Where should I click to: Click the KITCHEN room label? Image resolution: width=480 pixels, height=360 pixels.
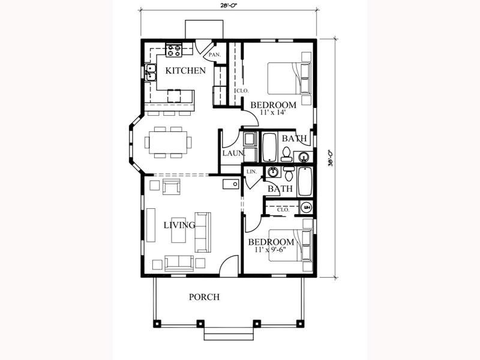click(185, 71)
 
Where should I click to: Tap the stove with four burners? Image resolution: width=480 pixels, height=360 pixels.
click(174, 50)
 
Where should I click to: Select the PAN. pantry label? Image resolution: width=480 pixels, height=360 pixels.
click(215, 55)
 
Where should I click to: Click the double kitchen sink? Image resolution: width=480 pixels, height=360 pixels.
click(151, 73)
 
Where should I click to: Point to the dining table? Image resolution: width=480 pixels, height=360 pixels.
click(168, 142)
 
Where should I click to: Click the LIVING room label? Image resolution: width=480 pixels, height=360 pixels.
click(179, 226)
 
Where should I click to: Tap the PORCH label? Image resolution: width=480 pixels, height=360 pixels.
click(204, 297)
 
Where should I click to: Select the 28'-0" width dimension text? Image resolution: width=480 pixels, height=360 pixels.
click(229, 5)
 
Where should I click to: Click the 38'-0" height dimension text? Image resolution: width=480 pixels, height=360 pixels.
click(331, 158)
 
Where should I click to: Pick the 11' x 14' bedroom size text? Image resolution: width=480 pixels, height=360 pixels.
click(273, 112)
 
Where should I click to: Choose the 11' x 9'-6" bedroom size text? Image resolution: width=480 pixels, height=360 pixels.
click(271, 250)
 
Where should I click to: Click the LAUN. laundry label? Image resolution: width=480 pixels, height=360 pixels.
click(233, 153)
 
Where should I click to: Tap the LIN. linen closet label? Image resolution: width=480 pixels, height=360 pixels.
click(251, 172)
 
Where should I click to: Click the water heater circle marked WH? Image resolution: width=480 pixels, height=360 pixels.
click(307, 208)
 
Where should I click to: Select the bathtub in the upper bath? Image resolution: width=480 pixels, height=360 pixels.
click(269, 147)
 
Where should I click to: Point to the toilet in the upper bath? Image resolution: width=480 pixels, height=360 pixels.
click(286, 154)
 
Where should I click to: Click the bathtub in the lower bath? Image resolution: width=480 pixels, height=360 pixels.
click(305, 181)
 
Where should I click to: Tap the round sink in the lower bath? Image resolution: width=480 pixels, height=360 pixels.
click(273, 172)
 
